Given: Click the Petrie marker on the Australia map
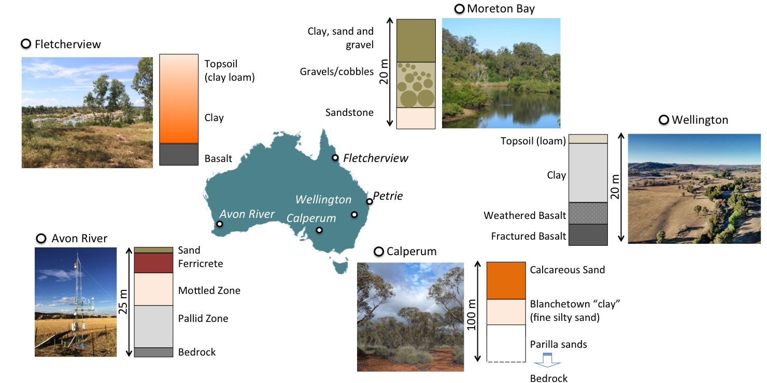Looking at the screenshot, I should [x=369, y=201].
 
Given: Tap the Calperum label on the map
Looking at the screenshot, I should [x=311, y=218].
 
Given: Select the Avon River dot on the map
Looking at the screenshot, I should [x=220, y=224].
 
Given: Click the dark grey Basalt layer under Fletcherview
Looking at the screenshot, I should [x=179, y=154].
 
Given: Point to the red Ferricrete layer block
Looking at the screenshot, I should [x=153, y=263].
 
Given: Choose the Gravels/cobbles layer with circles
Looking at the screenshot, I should [x=416, y=85].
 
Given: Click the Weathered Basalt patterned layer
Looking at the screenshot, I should [x=588, y=213].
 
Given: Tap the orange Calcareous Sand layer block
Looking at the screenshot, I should [x=506, y=281].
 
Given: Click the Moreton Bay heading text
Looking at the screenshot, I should [x=501, y=9].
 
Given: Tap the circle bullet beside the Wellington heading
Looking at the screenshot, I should [x=663, y=120].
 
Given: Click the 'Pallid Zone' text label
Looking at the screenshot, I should [x=203, y=318].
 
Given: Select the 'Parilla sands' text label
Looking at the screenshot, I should [x=559, y=344].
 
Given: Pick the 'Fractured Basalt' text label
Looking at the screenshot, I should [x=529, y=237].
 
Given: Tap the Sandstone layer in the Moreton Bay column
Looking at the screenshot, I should [x=416, y=118].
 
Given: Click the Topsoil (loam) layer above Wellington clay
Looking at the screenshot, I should [x=588, y=139].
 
